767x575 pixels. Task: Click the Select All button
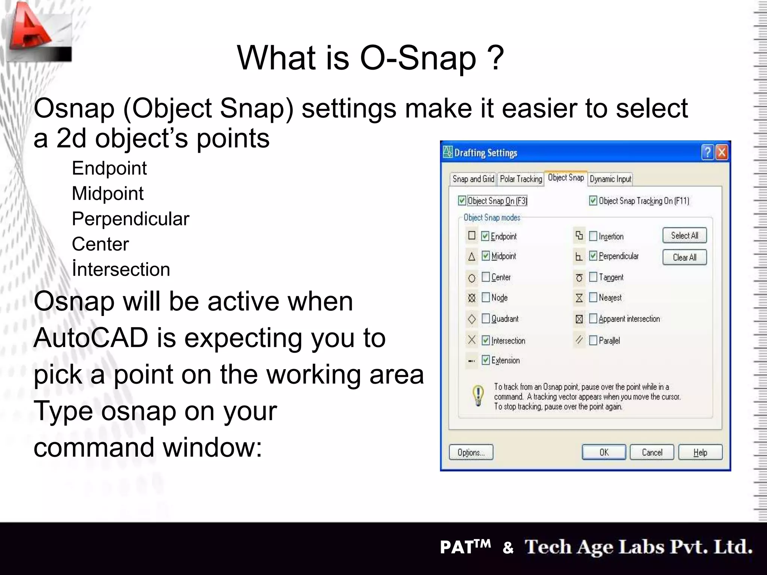[x=684, y=235]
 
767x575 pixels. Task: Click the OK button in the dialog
[x=604, y=452]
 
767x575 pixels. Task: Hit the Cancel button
[x=652, y=452]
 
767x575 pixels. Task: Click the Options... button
[x=471, y=452]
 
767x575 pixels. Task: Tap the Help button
[x=700, y=452]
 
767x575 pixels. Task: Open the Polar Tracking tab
[x=521, y=179]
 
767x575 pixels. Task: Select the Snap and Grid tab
[x=473, y=179]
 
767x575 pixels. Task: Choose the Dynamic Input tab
[x=610, y=179]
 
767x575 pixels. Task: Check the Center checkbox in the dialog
[x=486, y=277]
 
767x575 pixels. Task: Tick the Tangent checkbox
[x=593, y=277]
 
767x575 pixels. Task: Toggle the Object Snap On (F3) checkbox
[x=462, y=201]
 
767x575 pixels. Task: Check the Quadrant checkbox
[x=486, y=319]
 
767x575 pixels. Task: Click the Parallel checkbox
[x=593, y=340]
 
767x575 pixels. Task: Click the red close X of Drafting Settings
[x=722, y=152]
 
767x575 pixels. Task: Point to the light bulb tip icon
[x=478, y=396]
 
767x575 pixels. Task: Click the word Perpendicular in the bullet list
[x=130, y=219]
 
